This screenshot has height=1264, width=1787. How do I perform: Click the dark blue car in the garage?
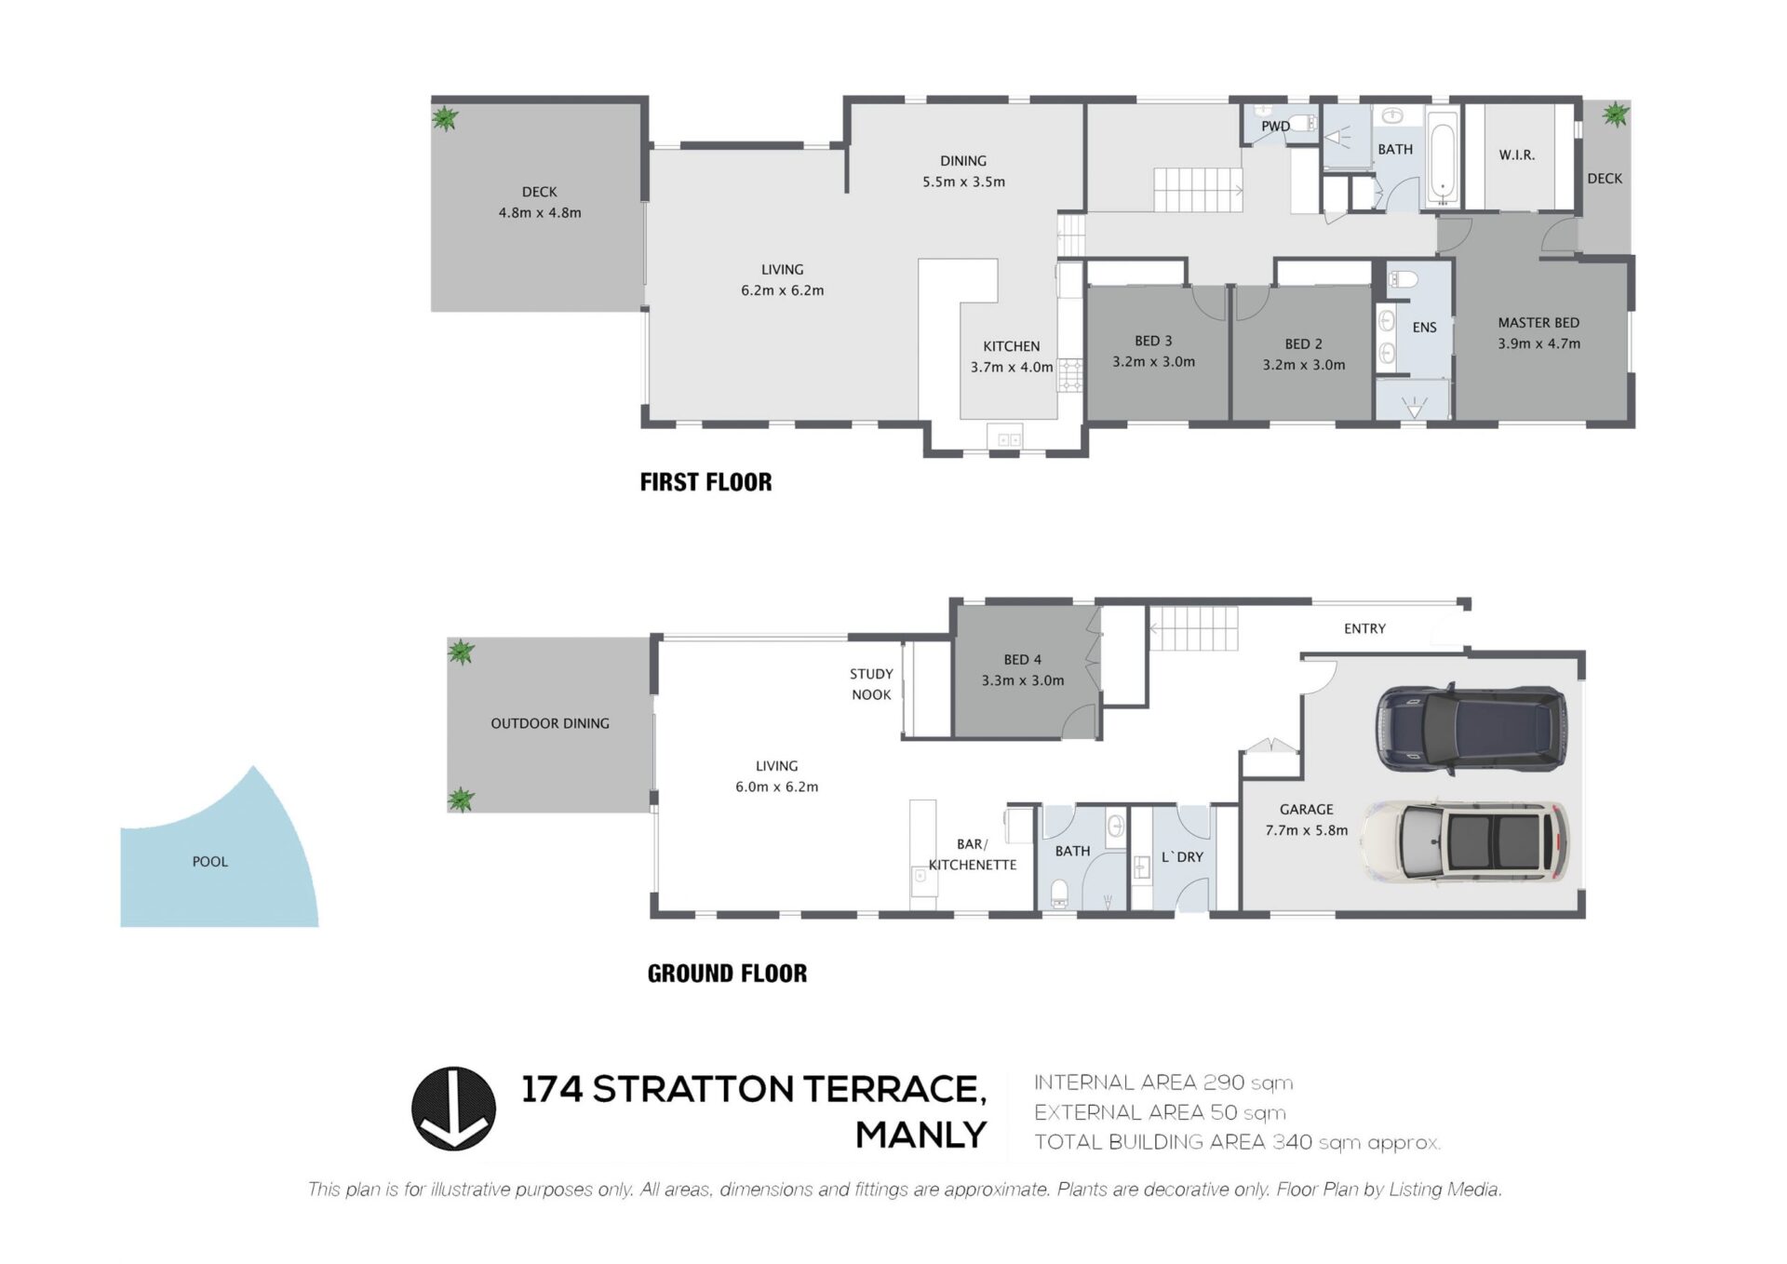click(1471, 729)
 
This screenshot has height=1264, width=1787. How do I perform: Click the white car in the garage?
click(1465, 840)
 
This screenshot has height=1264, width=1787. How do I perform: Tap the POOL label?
click(209, 862)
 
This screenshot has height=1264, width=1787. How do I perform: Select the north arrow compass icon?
click(453, 1108)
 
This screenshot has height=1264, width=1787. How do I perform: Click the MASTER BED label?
click(1538, 323)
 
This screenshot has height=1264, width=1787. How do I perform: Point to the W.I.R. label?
click(1516, 155)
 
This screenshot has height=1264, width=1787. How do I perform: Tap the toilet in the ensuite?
click(1403, 278)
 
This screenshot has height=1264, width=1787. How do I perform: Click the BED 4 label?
click(1022, 660)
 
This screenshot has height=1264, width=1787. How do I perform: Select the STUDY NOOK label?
click(871, 684)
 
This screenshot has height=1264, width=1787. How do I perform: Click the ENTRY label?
click(1364, 629)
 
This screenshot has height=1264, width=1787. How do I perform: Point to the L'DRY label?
click(1182, 857)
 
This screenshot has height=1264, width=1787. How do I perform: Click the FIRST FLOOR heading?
click(705, 482)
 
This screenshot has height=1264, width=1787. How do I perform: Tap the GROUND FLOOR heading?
click(727, 974)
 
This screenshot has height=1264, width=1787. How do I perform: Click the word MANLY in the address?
click(920, 1136)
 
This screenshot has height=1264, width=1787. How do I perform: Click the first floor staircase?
click(1197, 190)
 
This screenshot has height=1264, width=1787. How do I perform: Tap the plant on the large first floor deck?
click(445, 118)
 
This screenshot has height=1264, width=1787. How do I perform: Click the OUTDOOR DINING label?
click(550, 723)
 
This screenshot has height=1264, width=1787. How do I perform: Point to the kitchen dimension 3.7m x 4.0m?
click(1012, 368)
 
